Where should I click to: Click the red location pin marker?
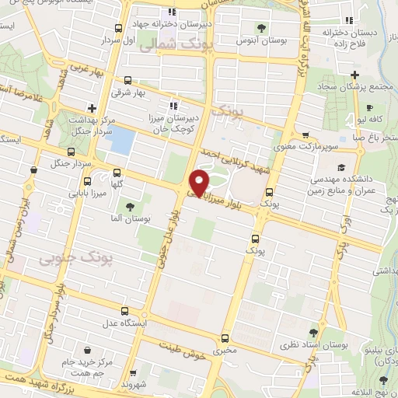click(200, 182)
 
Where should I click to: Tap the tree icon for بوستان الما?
click(129, 206)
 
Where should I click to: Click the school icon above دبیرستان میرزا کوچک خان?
click(173, 105)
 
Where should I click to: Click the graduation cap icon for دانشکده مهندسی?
click(341, 166)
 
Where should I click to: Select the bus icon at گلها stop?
click(117, 173)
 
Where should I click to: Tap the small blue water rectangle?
click(122, 141)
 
